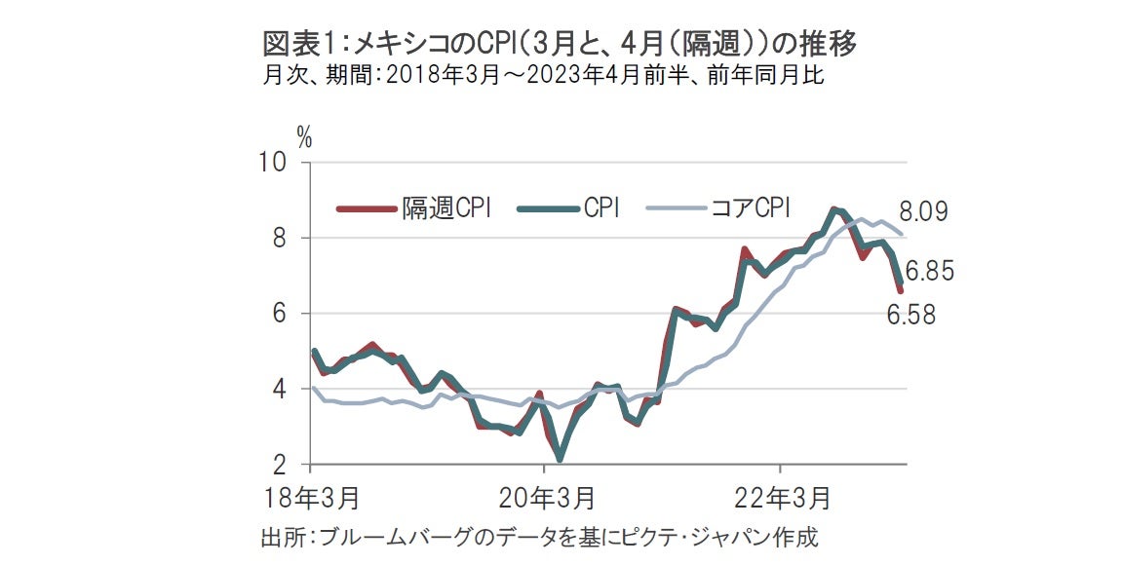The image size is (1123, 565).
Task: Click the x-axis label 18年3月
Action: click(311, 499)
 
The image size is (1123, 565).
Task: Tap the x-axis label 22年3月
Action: click(780, 499)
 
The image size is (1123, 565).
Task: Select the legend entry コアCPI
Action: click(750, 207)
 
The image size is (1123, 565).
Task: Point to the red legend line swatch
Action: click(366, 207)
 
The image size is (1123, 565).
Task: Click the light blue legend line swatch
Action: click(674, 207)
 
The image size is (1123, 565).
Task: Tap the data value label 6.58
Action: click(909, 315)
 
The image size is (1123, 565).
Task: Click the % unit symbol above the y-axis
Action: click(305, 138)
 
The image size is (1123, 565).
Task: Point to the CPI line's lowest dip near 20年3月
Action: click(560, 458)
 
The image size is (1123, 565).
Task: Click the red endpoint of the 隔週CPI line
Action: click(900, 289)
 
